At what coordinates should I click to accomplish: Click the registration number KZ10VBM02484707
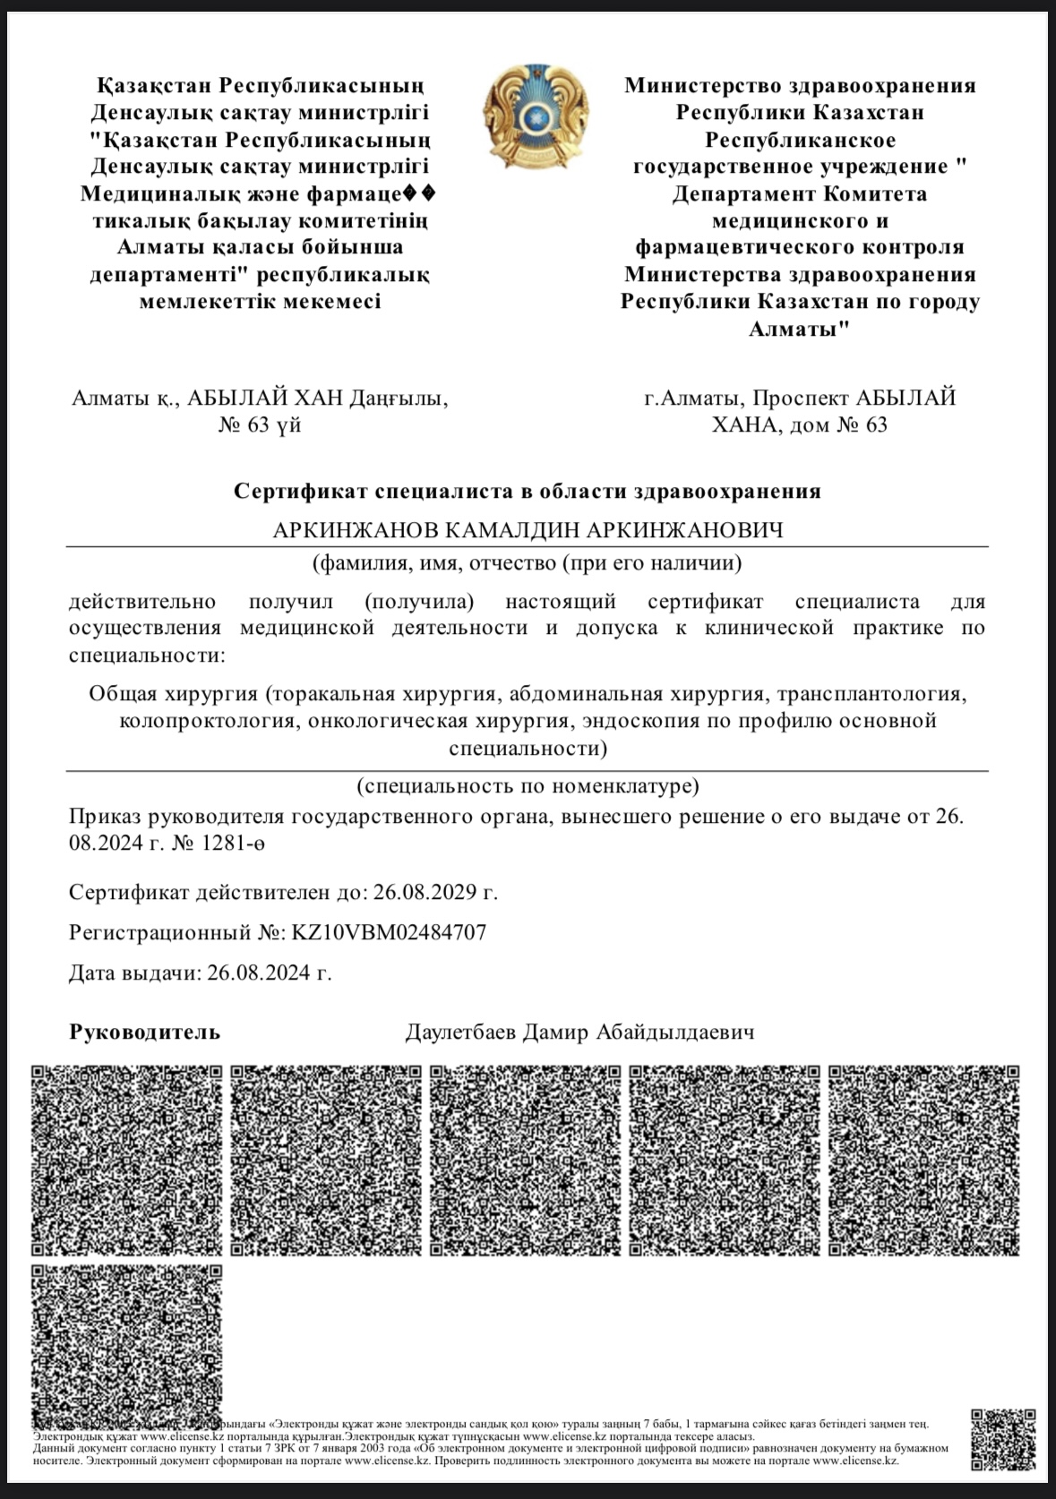tap(389, 932)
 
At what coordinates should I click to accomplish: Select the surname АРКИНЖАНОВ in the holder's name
tap(356, 530)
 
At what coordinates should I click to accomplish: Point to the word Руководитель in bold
tap(144, 1032)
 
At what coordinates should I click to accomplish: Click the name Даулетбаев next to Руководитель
tap(460, 1032)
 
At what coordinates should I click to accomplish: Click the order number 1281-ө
tap(234, 843)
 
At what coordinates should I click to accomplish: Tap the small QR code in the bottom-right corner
tap(1003, 1442)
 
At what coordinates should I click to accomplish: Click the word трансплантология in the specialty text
tap(871, 694)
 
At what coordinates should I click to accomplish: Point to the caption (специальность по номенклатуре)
tap(527, 786)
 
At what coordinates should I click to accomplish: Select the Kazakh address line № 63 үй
tap(260, 424)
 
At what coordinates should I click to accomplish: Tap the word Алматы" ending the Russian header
tap(799, 329)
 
